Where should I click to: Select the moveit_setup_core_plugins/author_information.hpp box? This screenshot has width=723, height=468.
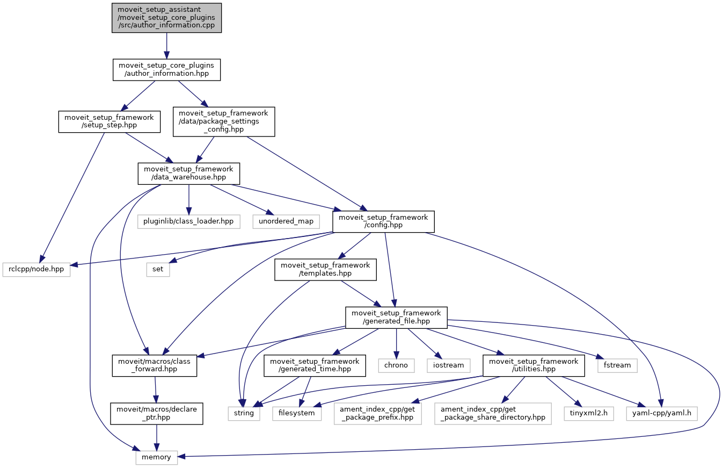click(x=166, y=70)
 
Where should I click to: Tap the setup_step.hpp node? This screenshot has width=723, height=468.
click(x=109, y=122)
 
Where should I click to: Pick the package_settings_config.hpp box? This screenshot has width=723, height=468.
click(x=223, y=121)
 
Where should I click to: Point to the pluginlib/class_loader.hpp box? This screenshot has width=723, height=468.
click(x=188, y=221)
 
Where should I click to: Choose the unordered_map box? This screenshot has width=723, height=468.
click(x=286, y=221)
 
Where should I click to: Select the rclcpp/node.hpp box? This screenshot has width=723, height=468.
click(x=37, y=269)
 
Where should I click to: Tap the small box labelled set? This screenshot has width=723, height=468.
click(x=158, y=269)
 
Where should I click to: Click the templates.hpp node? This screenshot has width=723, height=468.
click(x=325, y=269)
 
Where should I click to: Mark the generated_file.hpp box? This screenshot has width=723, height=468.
click(x=396, y=318)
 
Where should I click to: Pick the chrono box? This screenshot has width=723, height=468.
click(x=396, y=365)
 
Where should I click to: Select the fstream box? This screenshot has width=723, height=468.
click(x=617, y=365)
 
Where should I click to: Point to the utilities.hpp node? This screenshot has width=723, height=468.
click(x=531, y=365)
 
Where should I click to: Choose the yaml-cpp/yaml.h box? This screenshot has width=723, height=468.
click(x=662, y=413)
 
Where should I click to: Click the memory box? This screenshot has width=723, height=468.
click(x=156, y=457)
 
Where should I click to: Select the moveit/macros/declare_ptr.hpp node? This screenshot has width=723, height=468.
click(x=156, y=413)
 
